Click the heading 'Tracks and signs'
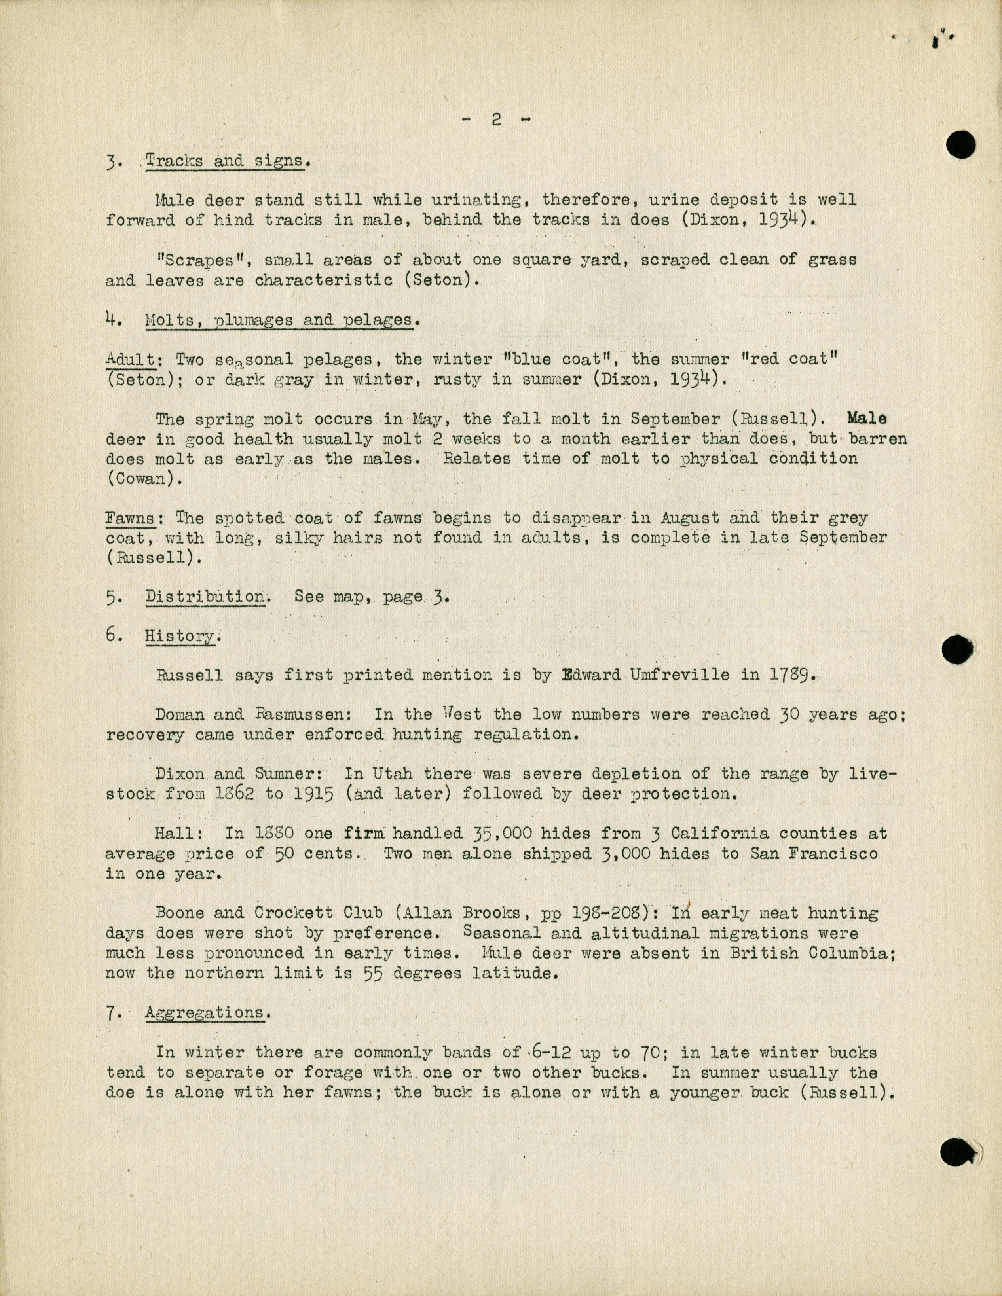224,161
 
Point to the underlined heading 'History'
181,636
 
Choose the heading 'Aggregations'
205,1013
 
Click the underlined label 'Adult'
130,360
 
